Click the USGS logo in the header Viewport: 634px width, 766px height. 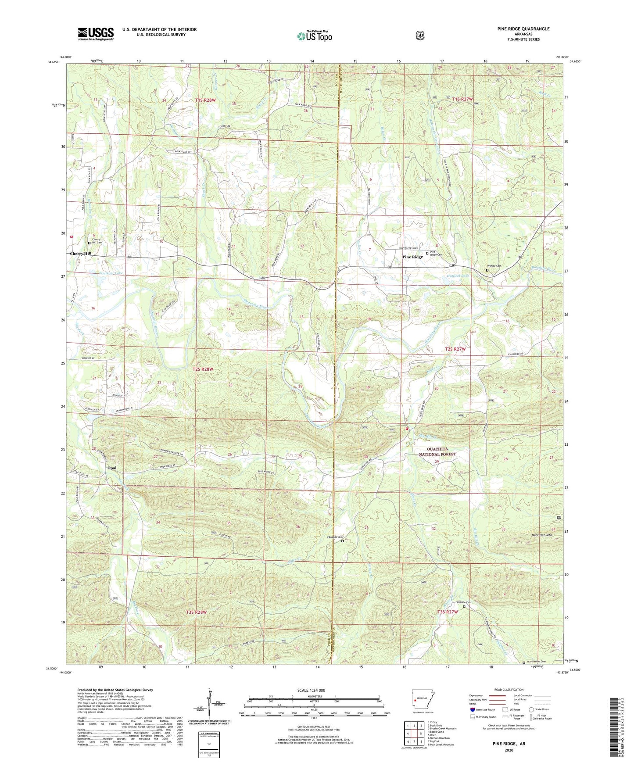point(96,33)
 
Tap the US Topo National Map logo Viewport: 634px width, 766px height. point(314,36)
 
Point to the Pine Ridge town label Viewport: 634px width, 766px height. point(412,257)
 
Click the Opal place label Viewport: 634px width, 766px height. point(112,468)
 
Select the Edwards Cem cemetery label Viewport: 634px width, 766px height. point(334,537)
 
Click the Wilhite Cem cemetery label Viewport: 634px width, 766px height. point(494,266)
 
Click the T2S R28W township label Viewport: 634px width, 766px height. point(203,369)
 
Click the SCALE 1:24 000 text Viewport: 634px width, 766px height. point(311,690)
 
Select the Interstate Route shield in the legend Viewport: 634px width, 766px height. point(472,709)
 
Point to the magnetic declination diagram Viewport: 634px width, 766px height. point(212,705)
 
